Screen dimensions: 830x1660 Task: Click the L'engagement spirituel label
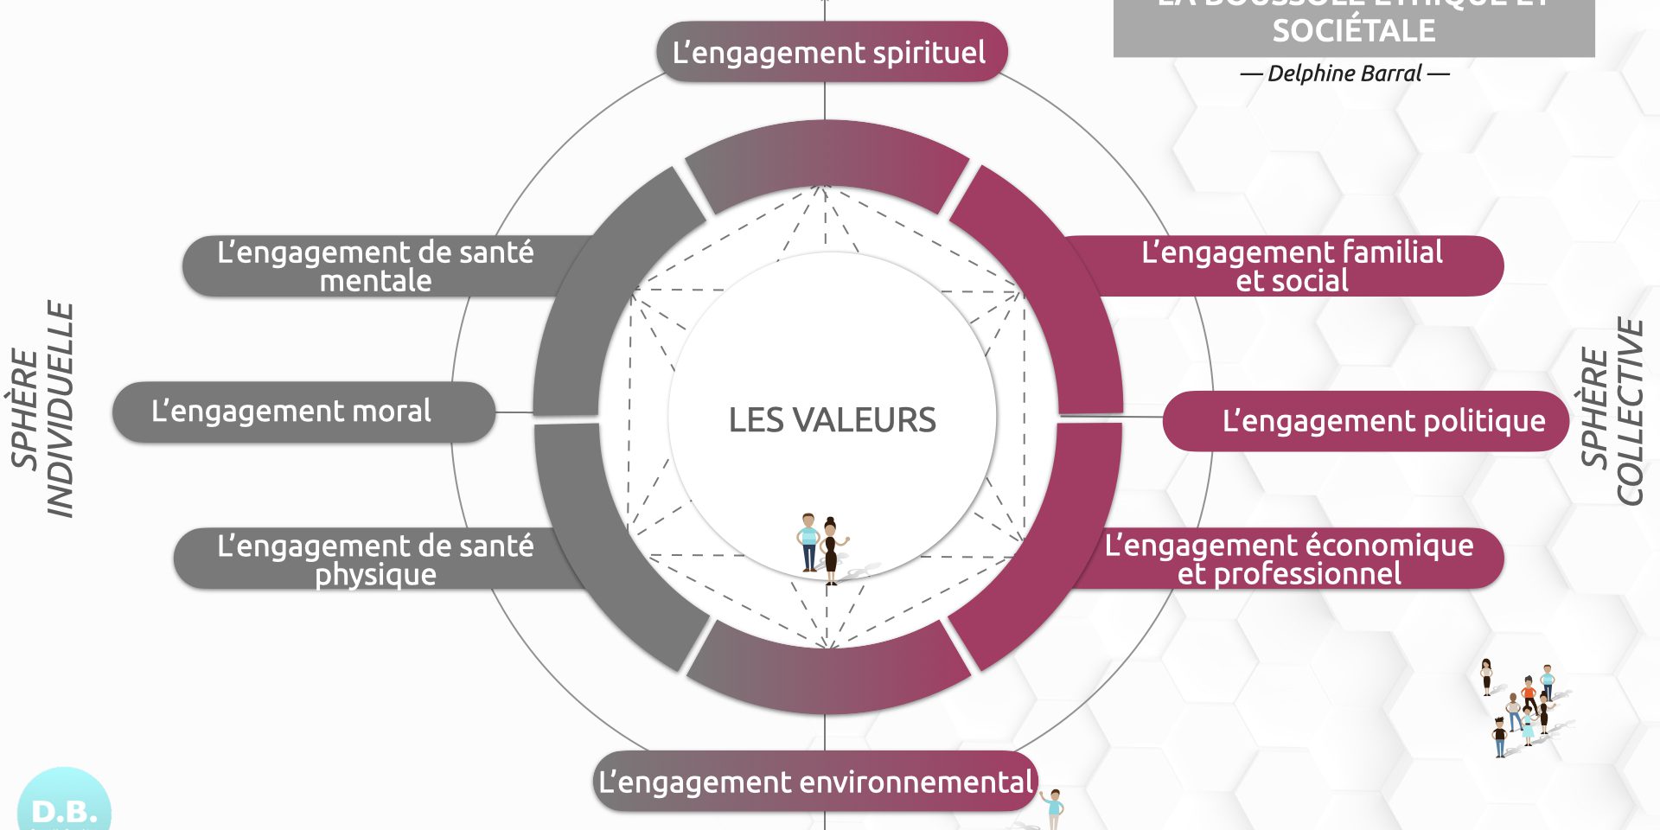point(830,53)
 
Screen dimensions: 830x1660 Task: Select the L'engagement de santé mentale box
point(375,266)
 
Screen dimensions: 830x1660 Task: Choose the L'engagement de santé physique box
point(375,559)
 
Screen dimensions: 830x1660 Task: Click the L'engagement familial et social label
point(1292,266)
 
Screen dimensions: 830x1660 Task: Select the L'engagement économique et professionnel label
point(1288,559)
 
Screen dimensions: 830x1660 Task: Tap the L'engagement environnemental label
point(815,782)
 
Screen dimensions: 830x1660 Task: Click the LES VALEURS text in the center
point(832,420)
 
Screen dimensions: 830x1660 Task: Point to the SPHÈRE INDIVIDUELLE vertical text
point(43,410)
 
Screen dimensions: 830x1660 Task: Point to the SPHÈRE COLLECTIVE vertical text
point(1612,412)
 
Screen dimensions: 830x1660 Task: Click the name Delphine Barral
point(1344,73)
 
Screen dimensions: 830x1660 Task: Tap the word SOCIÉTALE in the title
point(1353,31)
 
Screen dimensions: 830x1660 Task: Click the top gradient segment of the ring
point(826,160)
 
